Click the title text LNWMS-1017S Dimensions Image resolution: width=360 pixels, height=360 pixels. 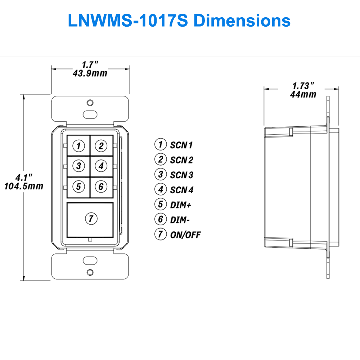click(x=179, y=21)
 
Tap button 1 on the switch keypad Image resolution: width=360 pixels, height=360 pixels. click(x=78, y=146)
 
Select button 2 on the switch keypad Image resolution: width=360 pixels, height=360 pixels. click(x=101, y=146)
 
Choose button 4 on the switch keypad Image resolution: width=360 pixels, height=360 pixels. click(x=101, y=166)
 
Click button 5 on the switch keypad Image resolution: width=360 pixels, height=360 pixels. click(x=78, y=186)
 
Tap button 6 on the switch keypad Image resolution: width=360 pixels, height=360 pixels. click(x=101, y=186)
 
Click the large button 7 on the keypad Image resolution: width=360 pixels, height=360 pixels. click(x=91, y=218)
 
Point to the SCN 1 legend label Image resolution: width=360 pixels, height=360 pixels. click(x=181, y=145)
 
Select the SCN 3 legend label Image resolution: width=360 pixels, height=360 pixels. click(x=181, y=175)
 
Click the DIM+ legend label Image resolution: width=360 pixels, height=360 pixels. click(x=181, y=205)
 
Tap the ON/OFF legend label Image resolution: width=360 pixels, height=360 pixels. click(x=185, y=235)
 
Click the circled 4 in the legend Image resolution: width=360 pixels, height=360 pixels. click(x=160, y=189)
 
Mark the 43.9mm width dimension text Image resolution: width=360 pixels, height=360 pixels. click(x=90, y=73)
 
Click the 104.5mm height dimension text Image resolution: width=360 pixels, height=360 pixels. click(x=24, y=186)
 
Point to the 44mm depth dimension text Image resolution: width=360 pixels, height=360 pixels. click(x=303, y=94)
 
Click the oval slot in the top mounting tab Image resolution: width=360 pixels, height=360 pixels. click(x=90, y=114)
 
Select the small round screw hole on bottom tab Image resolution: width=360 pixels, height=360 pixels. click(x=90, y=272)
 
